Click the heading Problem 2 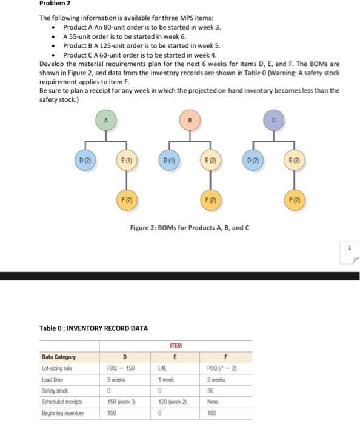tap(53, 4)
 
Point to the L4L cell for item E tap(162, 368)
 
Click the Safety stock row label tap(55, 391)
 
